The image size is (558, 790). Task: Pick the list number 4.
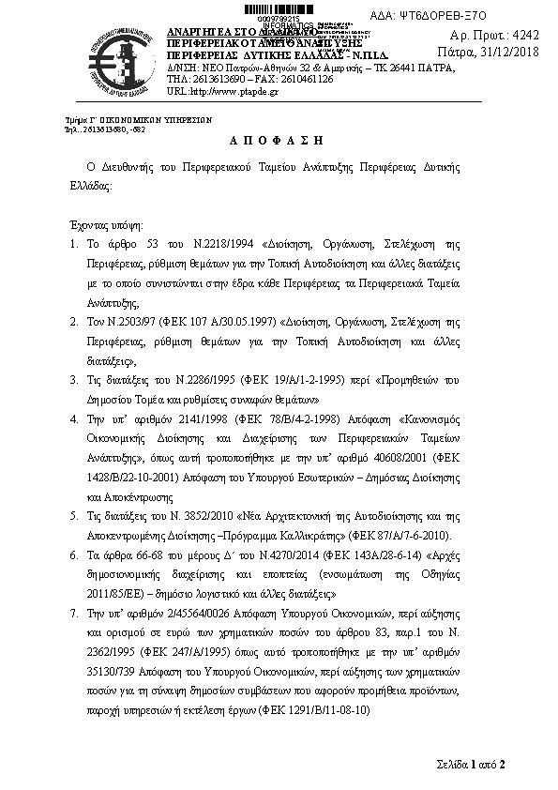(x=75, y=418)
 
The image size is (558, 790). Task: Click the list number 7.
(x=75, y=610)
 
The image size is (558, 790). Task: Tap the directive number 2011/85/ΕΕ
(x=119, y=594)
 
